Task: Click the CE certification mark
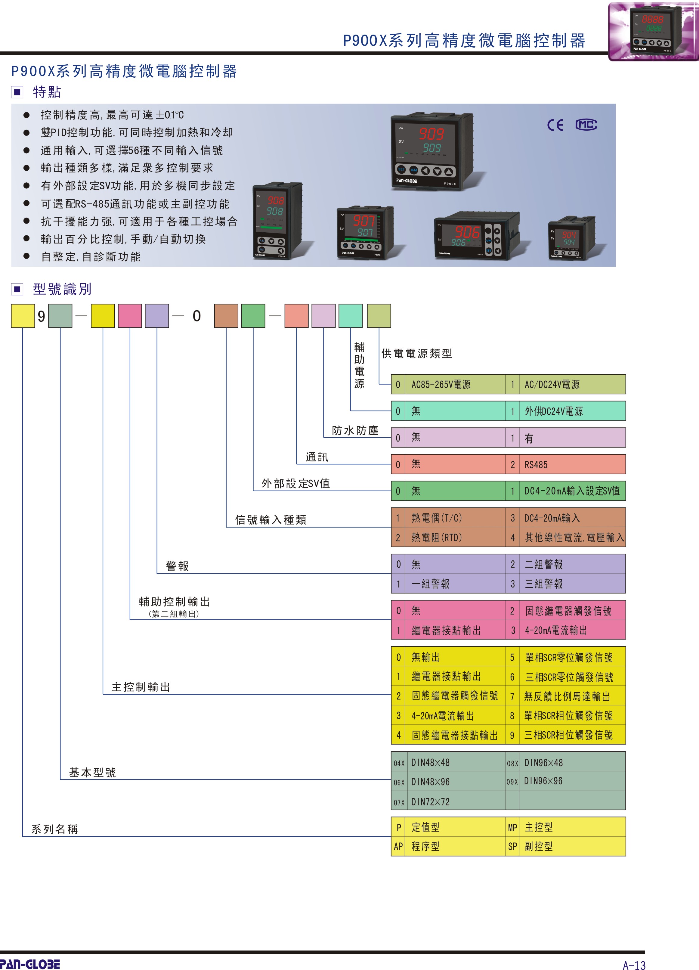coord(555,125)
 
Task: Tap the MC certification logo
coord(586,125)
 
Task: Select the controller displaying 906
coord(477,236)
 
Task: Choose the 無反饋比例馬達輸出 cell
coord(567,697)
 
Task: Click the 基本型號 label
coord(92,772)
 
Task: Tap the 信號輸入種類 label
coord(271,520)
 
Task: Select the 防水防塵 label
coord(355,431)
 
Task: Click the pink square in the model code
coord(130,316)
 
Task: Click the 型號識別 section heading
coord(62,289)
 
